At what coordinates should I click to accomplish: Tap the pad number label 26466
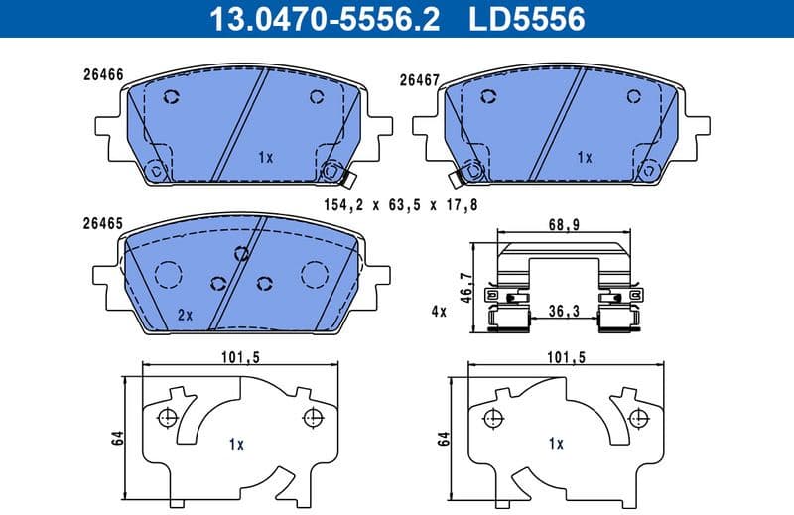[102, 73]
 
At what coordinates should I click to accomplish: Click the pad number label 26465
[102, 224]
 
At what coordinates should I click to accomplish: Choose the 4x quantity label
[440, 312]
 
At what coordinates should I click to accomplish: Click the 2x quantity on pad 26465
[184, 315]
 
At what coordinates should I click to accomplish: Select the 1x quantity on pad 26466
[265, 157]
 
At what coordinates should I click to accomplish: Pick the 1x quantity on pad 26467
[584, 157]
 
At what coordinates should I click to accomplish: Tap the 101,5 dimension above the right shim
[565, 358]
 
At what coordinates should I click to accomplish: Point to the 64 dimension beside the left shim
[116, 438]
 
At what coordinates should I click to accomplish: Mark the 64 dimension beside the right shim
[443, 438]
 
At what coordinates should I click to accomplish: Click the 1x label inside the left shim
[235, 444]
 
